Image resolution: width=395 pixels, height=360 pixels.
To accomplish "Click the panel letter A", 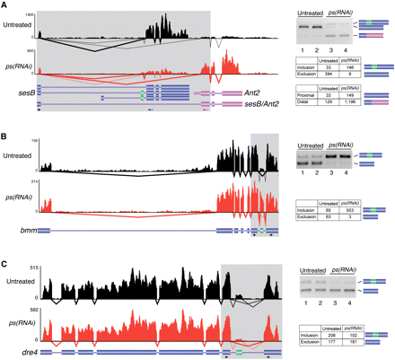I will pyautogui.click(x=4, y=5).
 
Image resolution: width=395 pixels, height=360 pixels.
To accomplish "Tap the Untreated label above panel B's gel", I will pyautogui.click(x=310, y=144).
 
